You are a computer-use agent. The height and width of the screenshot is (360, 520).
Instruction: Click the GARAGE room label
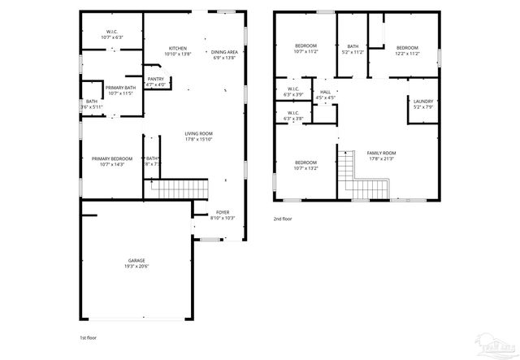click(x=136, y=261)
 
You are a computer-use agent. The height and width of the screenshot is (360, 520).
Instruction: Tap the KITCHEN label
click(x=178, y=49)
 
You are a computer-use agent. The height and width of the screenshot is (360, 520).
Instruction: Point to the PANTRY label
click(x=156, y=79)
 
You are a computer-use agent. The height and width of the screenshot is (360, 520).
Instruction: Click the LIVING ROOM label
click(x=198, y=133)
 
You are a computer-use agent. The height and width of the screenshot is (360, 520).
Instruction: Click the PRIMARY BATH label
click(x=120, y=87)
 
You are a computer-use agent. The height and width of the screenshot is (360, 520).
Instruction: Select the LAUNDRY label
click(x=423, y=102)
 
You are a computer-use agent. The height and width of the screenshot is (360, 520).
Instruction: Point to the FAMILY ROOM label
click(x=381, y=154)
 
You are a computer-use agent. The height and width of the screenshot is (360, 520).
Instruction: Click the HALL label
click(x=326, y=93)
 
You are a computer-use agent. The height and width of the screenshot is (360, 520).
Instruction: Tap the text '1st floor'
click(x=89, y=336)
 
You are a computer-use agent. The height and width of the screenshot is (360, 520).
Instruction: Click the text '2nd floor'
click(x=284, y=219)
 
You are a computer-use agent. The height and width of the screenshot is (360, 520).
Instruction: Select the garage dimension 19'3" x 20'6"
click(x=136, y=267)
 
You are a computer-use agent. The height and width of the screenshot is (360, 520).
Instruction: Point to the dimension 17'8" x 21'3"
click(x=381, y=159)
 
